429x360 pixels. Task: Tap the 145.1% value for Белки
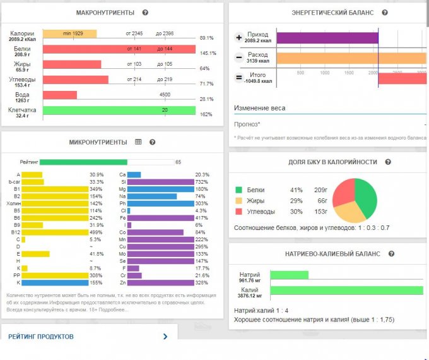[x=208, y=53]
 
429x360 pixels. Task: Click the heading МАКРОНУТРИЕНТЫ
[x=105, y=13]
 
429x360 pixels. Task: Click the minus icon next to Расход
[x=239, y=58]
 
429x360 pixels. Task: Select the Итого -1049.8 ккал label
[x=258, y=78]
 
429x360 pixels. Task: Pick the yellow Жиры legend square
[x=239, y=201]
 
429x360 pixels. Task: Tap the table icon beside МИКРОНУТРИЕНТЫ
[x=138, y=142]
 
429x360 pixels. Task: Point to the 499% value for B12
[x=96, y=232]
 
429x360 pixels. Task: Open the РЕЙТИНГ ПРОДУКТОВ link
[x=42, y=337]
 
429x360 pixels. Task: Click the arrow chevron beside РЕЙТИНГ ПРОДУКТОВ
[x=165, y=337]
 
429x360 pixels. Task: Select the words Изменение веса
[x=260, y=108]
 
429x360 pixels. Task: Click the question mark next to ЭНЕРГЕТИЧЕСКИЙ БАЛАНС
[x=385, y=13]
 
